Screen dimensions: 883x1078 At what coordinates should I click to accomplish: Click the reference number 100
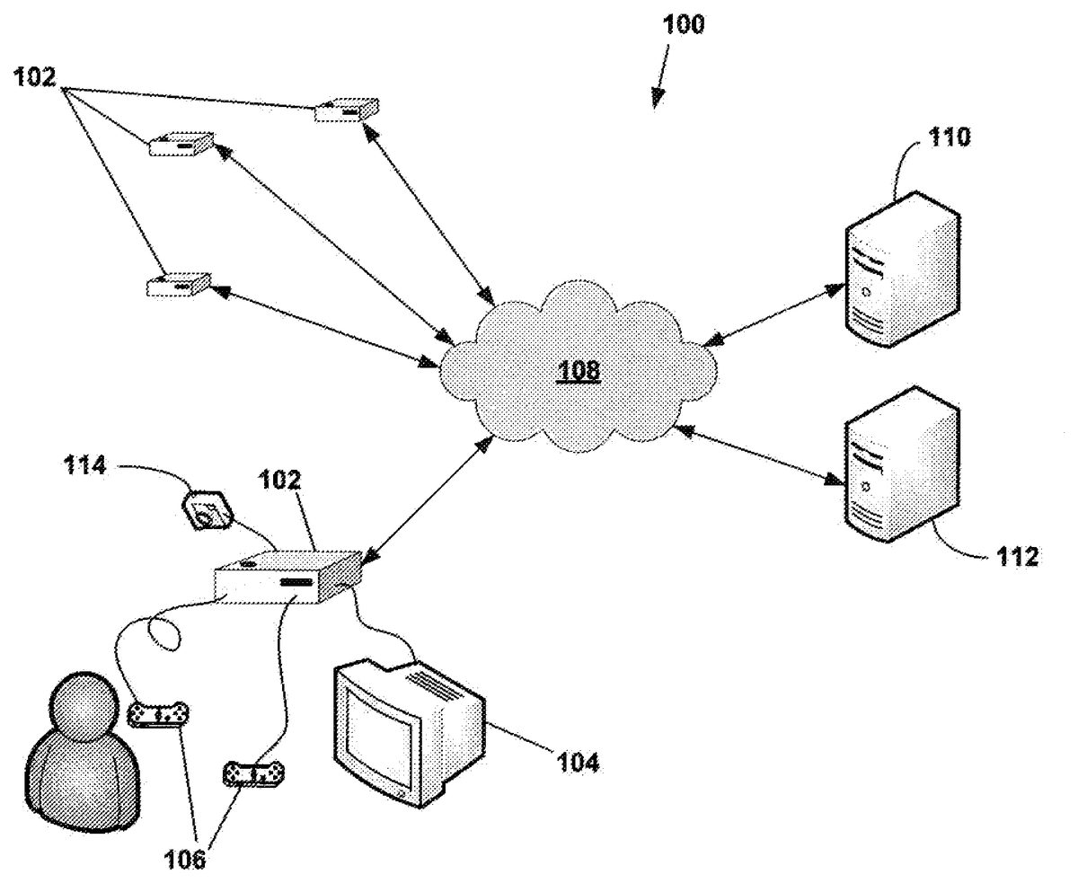click(x=685, y=24)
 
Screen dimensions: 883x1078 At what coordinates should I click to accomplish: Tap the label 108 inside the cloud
click(x=578, y=370)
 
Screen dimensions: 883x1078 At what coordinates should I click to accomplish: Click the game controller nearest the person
click(x=160, y=715)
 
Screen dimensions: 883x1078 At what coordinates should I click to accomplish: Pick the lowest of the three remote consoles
click(x=178, y=285)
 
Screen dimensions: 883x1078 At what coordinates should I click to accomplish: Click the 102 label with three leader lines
click(x=34, y=77)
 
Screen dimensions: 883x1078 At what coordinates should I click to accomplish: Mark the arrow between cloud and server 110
click(x=773, y=313)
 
